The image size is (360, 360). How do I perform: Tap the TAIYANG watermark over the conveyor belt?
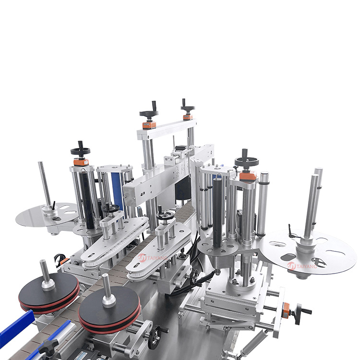click(153, 258)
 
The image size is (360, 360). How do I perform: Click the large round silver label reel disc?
click(308, 252)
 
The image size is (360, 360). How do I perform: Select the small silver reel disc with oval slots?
click(47, 215)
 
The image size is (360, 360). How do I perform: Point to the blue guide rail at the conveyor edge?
click(16, 326)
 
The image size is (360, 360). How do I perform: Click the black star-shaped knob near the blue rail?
click(48, 347)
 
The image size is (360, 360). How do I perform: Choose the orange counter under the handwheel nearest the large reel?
click(248, 176)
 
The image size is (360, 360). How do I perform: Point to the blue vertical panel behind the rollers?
click(117, 191)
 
